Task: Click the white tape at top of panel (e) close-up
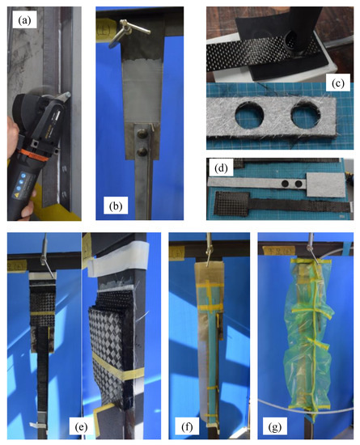click(x=110, y=263)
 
